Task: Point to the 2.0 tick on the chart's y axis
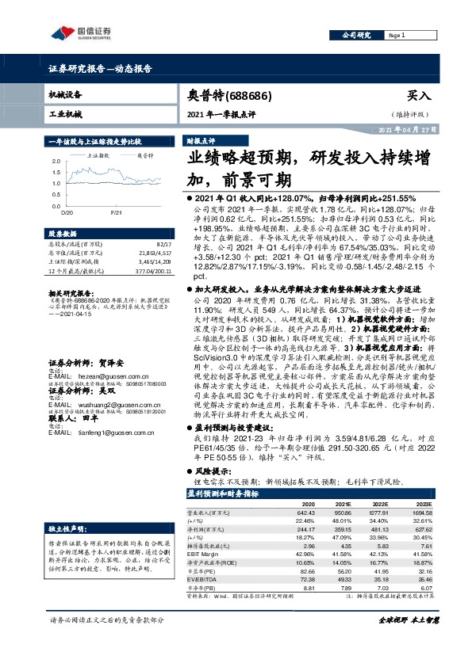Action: pos(56,160)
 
